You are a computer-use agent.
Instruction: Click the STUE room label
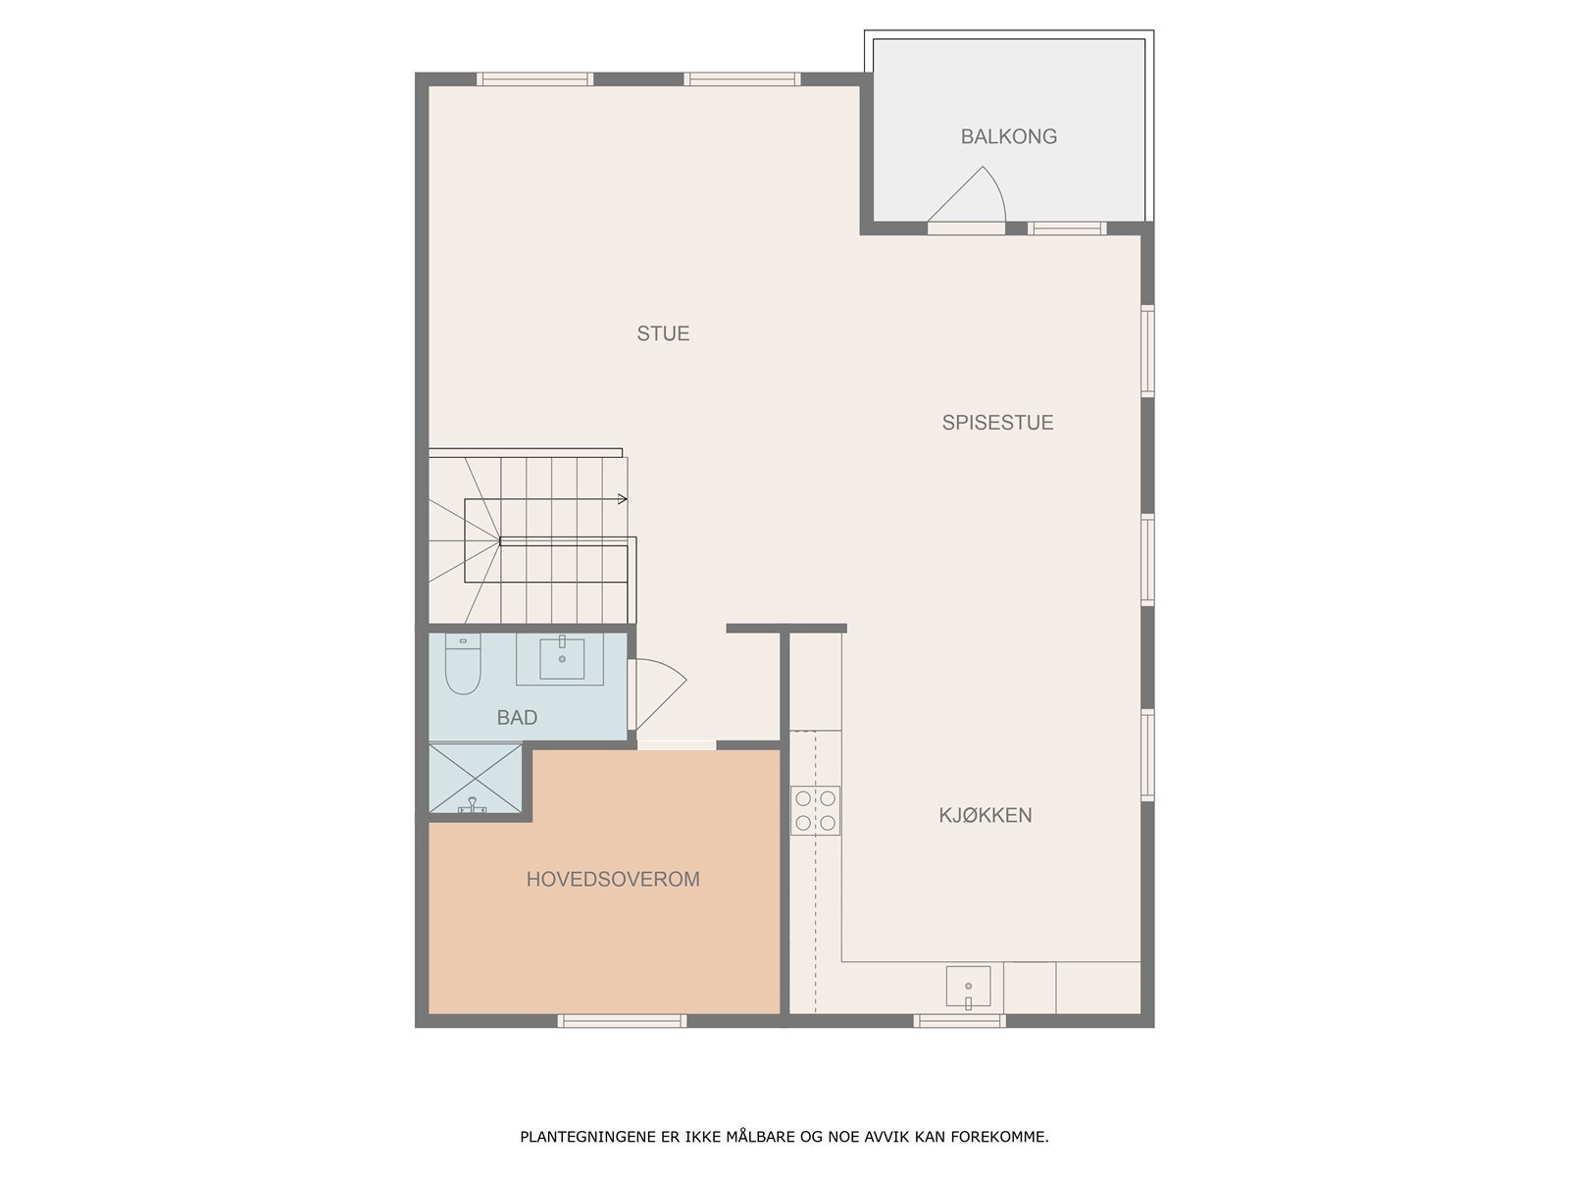(663, 333)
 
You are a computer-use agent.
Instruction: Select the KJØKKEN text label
(985, 815)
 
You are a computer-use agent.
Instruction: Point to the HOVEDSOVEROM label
(613, 879)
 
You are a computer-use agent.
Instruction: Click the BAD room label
(517, 718)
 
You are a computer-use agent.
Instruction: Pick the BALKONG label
(1008, 136)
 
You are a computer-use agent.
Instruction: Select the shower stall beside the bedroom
(476, 779)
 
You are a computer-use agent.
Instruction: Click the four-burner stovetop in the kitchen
(816, 810)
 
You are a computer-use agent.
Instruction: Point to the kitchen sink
(968, 987)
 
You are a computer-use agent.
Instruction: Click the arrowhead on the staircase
(622, 499)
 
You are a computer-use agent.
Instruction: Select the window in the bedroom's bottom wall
(622, 1021)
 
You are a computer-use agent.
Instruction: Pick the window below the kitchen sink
(959, 1021)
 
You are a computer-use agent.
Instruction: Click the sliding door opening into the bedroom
(677, 744)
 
